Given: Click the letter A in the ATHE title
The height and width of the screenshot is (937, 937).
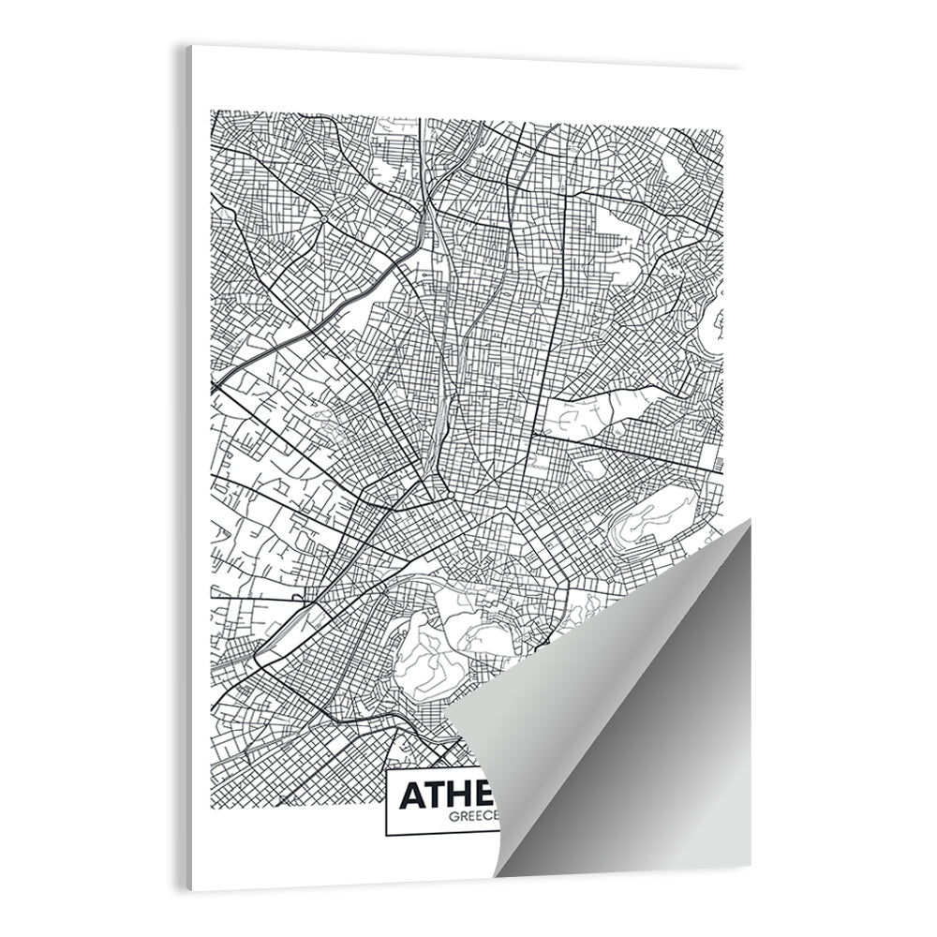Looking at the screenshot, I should pos(411,795).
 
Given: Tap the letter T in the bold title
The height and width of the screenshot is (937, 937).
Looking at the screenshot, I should pos(438,795).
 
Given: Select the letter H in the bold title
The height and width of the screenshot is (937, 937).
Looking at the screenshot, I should pos(465,795).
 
